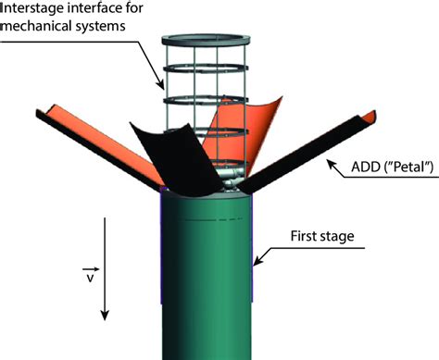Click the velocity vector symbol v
88,275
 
